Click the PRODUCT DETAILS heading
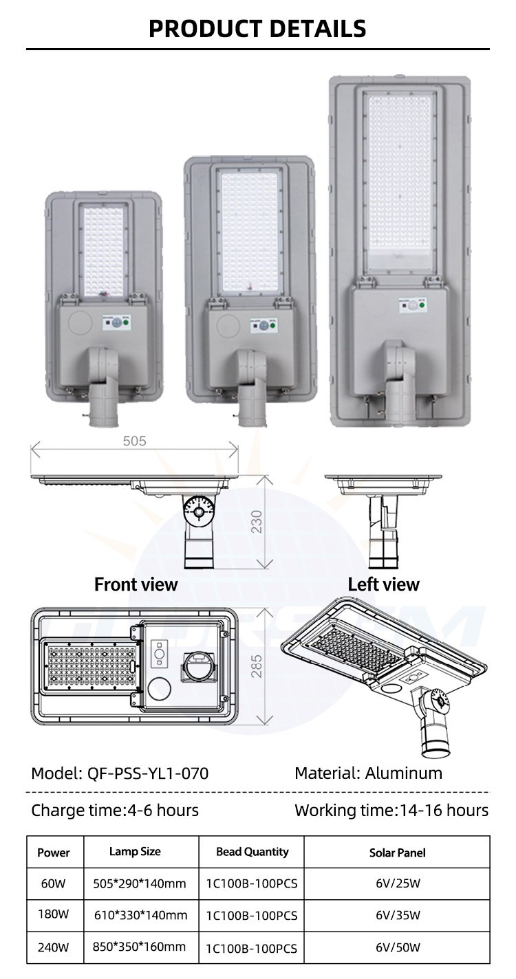(x=257, y=29)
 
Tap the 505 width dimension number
(x=134, y=441)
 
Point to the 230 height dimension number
(x=257, y=522)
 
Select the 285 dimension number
(x=257, y=666)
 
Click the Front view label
(x=136, y=584)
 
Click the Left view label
(x=383, y=584)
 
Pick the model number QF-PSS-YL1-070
(x=148, y=773)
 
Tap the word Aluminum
(x=404, y=773)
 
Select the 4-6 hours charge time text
(x=162, y=811)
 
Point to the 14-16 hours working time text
(x=444, y=811)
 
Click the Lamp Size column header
(x=135, y=851)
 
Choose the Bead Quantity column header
(x=252, y=851)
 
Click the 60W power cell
(x=54, y=883)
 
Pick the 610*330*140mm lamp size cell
(x=141, y=915)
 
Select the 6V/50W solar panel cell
(x=398, y=947)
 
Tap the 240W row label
(x=54, y=947)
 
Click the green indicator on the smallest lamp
(x=126, y=323)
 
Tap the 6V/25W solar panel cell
(x=398, y=883)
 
